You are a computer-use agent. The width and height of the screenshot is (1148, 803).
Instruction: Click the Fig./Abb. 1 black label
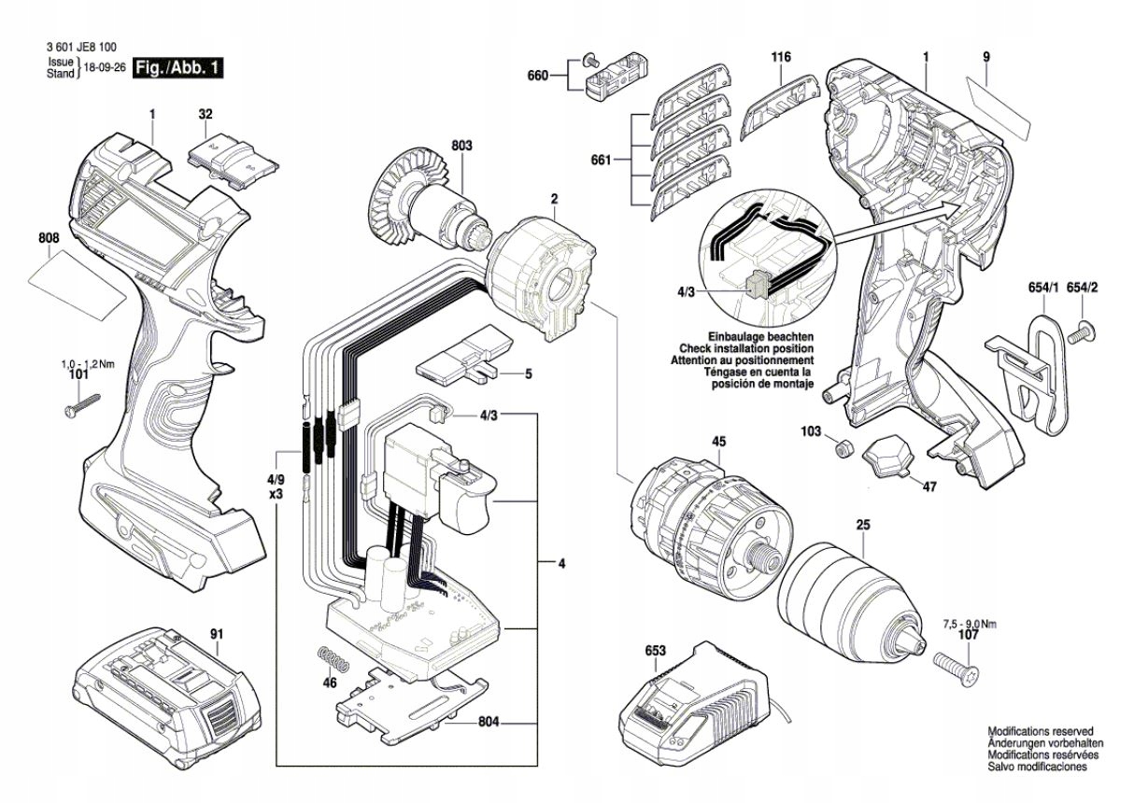(178, 67)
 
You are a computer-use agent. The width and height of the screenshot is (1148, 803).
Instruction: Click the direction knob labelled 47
(888, 458)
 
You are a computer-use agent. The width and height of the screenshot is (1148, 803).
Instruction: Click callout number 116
(781, 58)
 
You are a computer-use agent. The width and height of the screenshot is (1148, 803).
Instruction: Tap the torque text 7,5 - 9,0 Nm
(968, 624)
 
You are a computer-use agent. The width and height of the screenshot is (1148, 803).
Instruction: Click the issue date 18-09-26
(105, 68)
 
